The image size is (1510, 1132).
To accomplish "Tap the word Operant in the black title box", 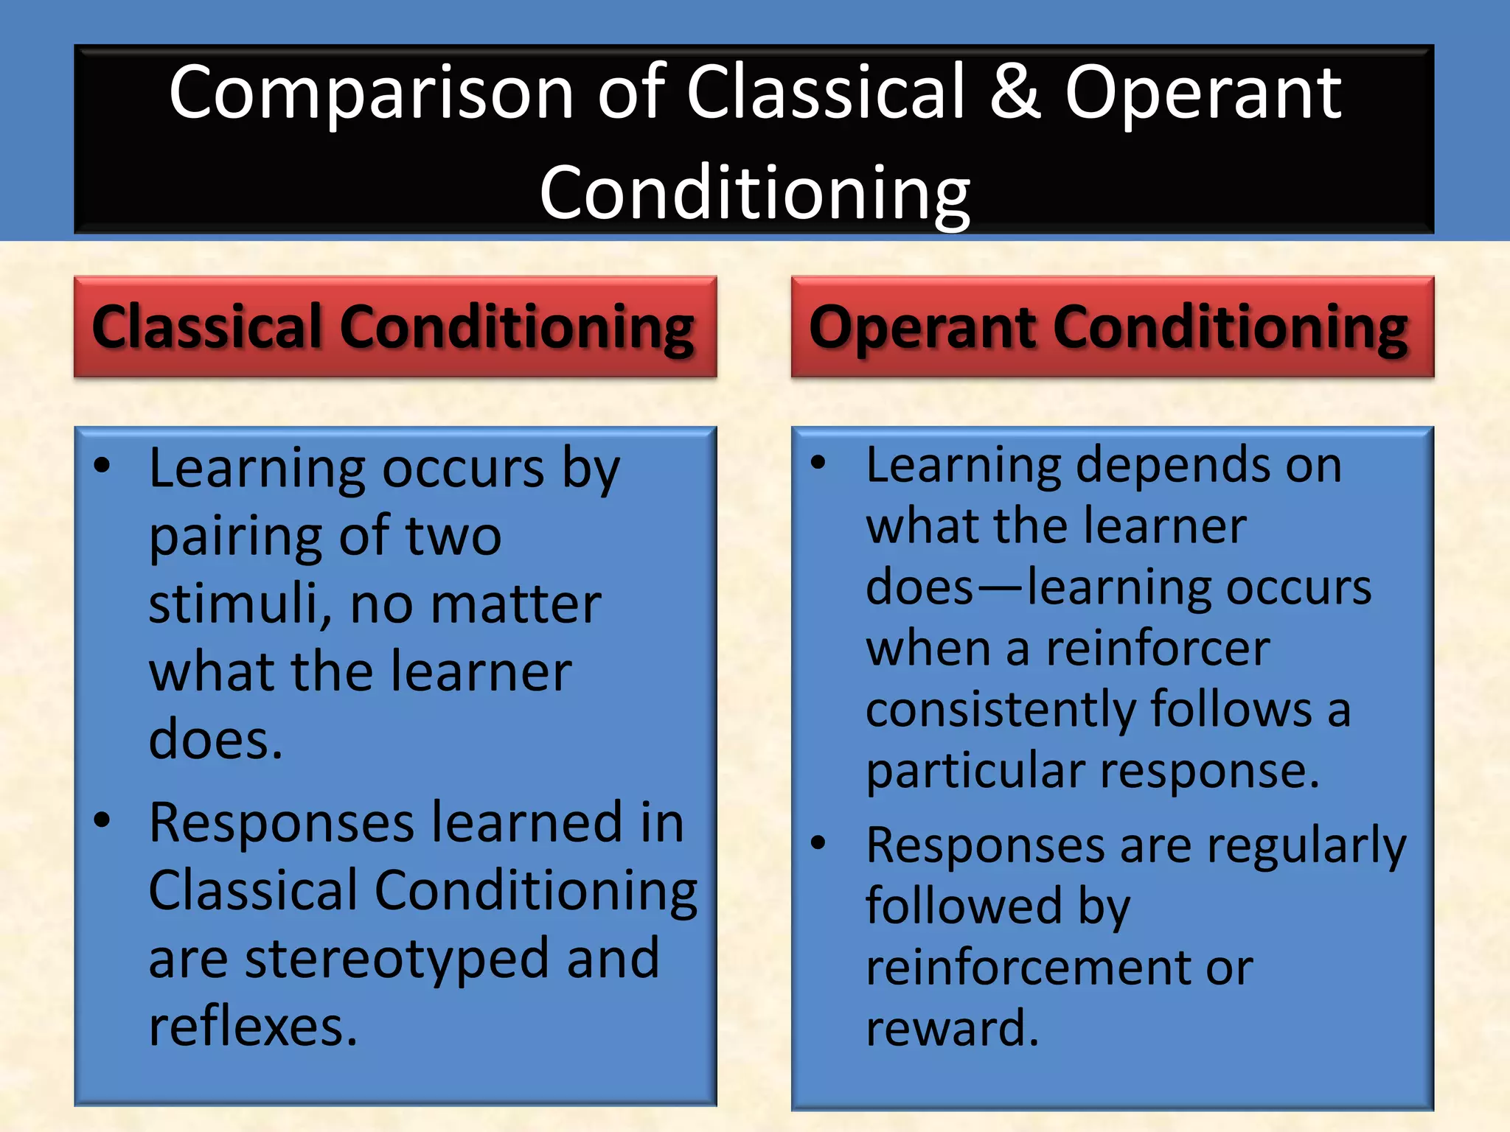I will [x=1203, y=94].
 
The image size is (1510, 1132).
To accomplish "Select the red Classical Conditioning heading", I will [x=394, y=327].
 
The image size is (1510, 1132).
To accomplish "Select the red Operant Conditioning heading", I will [x=1112, y=327].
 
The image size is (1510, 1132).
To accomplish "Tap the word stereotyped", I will [x=397, y=960].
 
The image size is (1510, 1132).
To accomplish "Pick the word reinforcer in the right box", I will [x=1158, y=649].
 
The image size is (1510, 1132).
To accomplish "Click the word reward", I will [x=951, y=1028].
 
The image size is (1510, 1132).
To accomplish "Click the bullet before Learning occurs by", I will [x=102, y=465].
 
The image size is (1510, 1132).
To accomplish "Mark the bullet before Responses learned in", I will [x=102, y=820].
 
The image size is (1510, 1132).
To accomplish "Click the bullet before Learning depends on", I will [x=818, y=463].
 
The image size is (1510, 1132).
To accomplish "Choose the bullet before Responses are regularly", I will [x=818, y=842].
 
